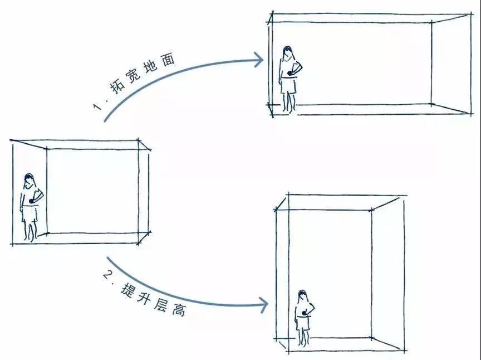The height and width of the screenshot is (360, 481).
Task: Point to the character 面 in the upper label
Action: pos(168,59)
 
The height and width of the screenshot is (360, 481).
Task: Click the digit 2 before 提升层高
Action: pos(107,274)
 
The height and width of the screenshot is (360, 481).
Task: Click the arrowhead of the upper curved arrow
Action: pos(258,60)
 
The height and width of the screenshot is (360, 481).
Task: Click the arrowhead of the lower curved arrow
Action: pos(263,305)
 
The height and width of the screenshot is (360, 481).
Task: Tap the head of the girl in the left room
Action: pos(29,181)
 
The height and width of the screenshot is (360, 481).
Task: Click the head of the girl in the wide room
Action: pos(287,53)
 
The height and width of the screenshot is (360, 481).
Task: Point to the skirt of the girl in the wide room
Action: pos(288,86)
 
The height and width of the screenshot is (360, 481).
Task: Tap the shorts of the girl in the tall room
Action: pos(303,323)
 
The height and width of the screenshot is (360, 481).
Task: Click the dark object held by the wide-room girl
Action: pos(289,73)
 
